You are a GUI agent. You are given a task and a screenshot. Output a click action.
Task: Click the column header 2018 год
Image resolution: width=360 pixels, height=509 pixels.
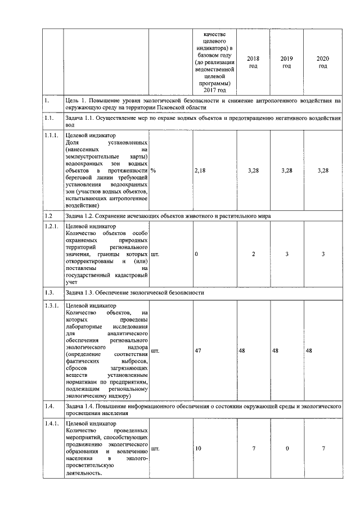253,62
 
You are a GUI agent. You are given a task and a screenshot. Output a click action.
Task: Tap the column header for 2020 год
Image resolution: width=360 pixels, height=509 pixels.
322,62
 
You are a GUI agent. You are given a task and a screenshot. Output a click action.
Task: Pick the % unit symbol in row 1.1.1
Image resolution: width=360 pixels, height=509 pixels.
153,170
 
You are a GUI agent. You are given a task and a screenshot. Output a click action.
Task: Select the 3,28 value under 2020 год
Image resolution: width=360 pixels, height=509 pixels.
322,170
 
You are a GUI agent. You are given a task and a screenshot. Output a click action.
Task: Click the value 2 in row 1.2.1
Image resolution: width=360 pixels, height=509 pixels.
253,254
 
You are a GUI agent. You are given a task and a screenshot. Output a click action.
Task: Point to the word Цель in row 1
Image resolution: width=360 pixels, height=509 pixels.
73,101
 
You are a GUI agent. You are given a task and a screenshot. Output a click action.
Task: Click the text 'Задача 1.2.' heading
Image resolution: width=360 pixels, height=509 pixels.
81,215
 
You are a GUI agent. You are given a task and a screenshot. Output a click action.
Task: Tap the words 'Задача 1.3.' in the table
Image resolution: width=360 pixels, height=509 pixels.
81,293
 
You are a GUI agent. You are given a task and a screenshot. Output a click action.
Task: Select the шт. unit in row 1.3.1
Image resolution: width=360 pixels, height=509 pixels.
155,351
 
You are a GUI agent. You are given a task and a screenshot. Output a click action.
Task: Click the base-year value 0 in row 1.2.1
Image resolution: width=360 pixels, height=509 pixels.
196,254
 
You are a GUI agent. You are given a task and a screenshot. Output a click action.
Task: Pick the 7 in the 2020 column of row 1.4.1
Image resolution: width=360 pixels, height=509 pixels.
322,448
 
